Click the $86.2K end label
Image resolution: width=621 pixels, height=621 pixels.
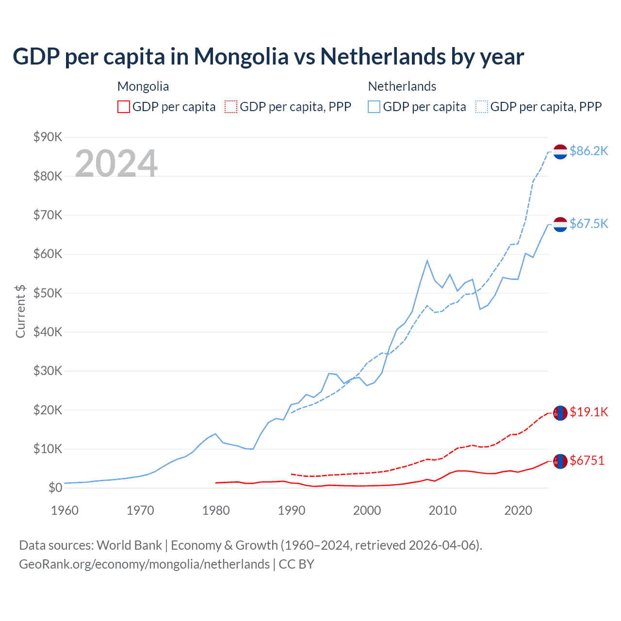(x=588, y=151)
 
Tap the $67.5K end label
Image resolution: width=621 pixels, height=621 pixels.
(x=588, y=224)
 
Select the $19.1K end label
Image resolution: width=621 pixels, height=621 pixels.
(x=588, y=412)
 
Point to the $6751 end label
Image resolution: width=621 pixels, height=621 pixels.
(x=587, y=460)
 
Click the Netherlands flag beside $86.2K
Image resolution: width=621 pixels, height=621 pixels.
(x=560, y=151)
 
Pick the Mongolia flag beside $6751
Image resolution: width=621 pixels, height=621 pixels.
(x=560, y=461)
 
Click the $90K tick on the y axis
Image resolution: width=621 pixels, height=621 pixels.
(x=48, y=137)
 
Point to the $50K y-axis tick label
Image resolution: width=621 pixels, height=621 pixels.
(x=48, y=293)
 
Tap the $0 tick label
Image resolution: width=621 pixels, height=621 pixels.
(x=55, y=488)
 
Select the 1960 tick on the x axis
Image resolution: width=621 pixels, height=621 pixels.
(x=65, y=510)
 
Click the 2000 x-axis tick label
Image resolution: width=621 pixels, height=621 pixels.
(x=367, y=510)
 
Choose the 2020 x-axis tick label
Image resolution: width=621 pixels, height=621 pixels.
(x=518, y=510)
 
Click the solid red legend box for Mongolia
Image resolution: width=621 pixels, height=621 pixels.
(x=124, y=107)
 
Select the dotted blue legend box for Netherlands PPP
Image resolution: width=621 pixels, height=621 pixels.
(x=482, y=107)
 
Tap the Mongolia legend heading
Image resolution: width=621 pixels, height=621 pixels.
(x=143, y=86)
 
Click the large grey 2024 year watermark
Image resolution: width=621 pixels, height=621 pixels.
(x=116, y=163)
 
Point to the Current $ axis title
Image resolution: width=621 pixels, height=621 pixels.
(x=20, y=311)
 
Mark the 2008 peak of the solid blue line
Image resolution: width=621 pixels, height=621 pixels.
(x=427, y=261)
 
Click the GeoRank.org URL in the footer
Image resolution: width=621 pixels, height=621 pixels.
(x=144, y=564)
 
